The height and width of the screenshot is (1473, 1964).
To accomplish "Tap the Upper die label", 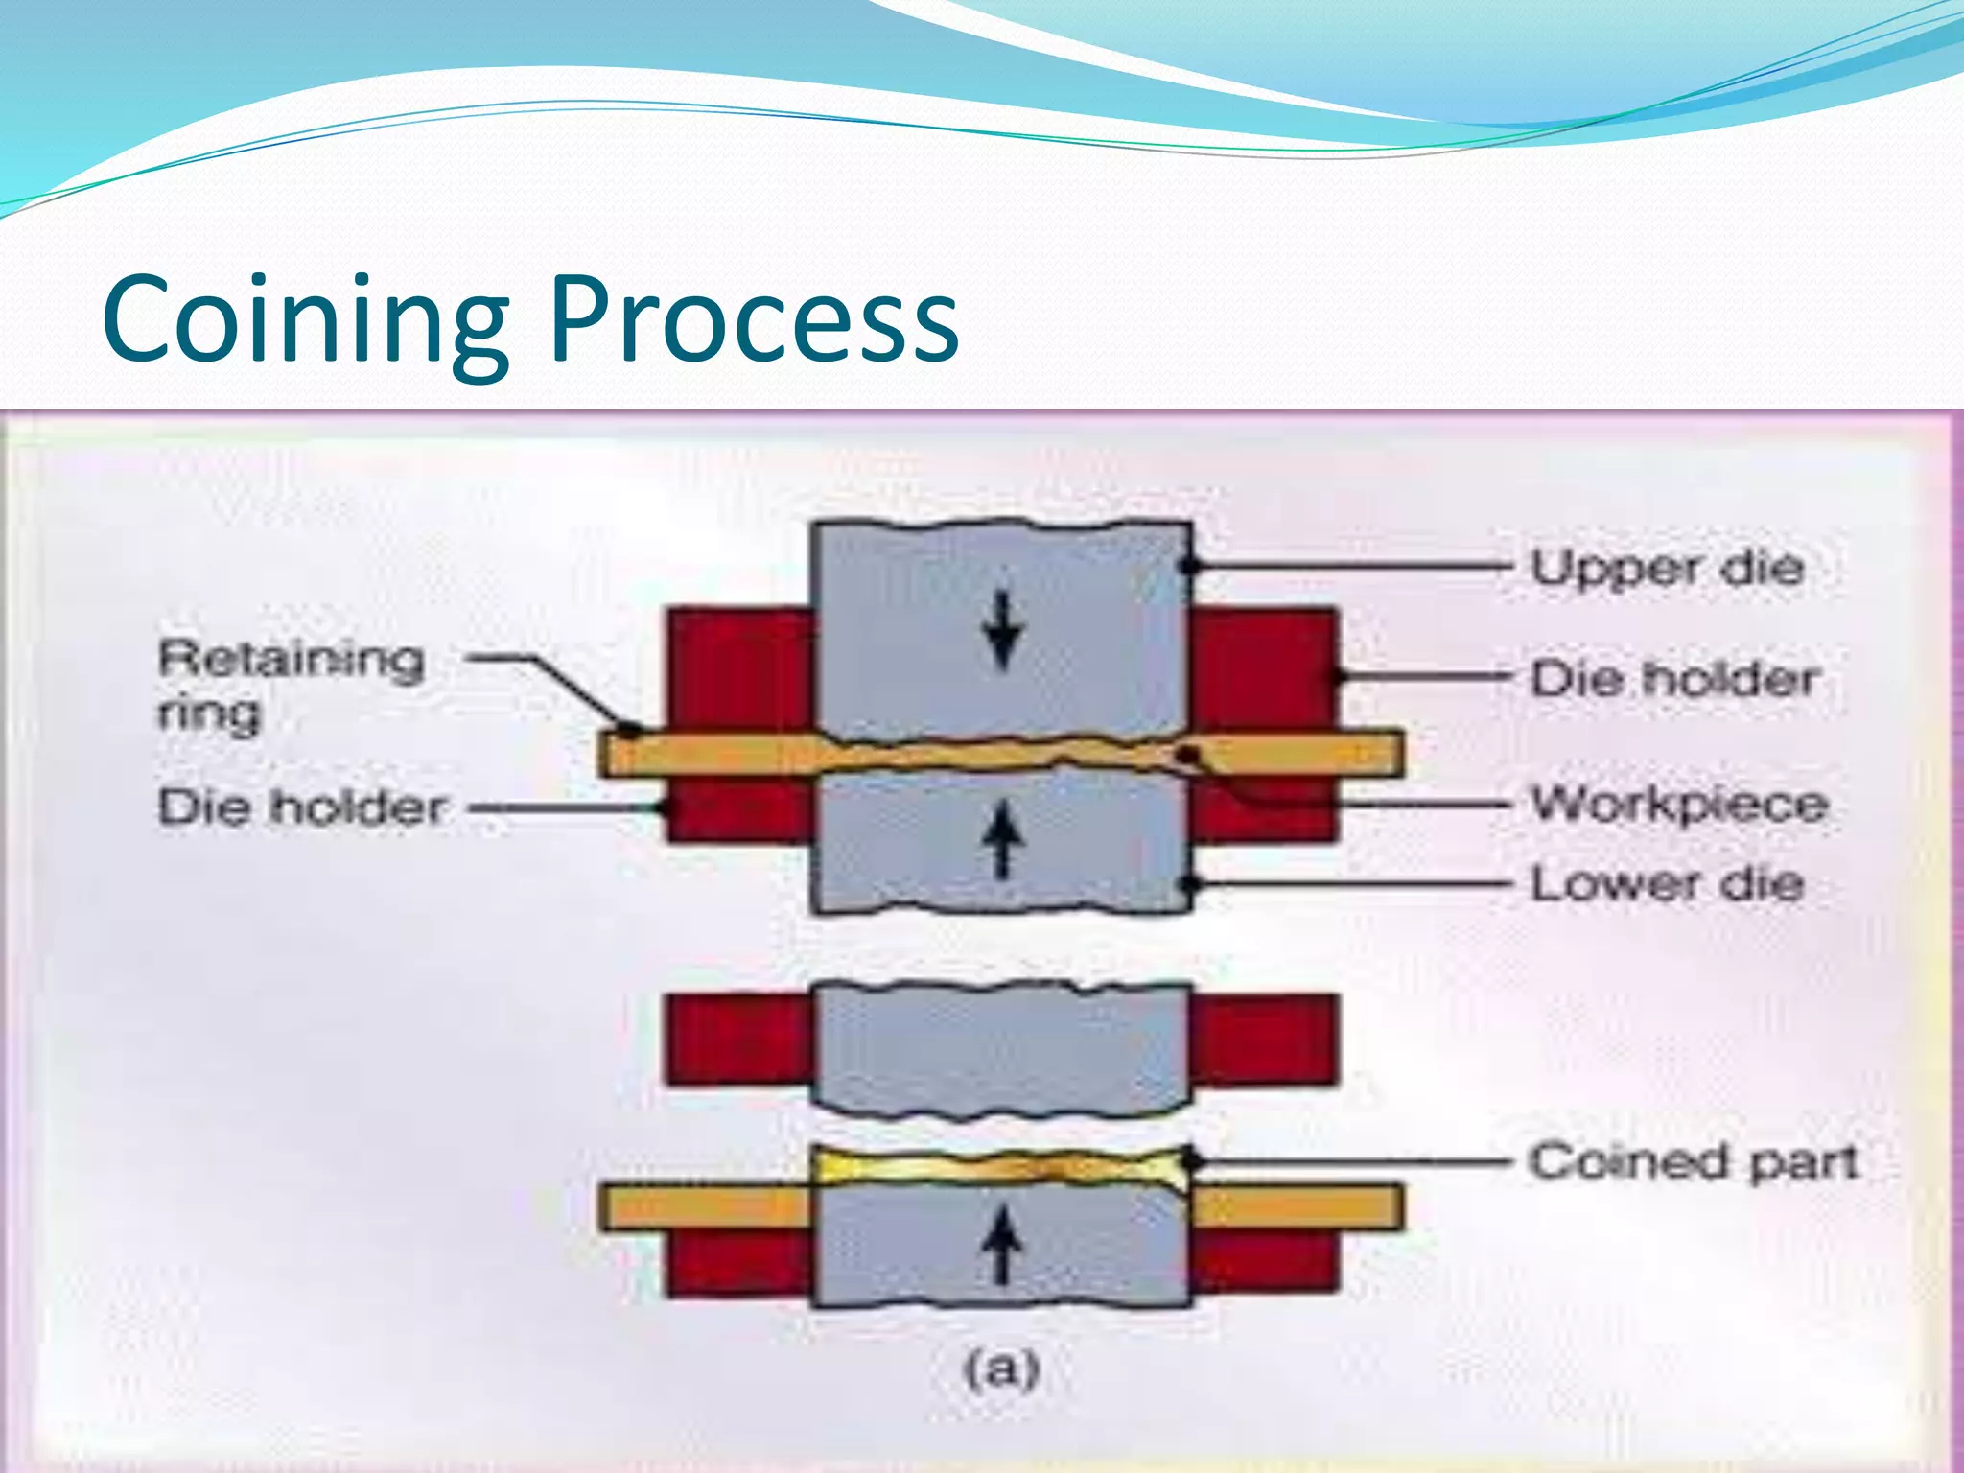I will coord(1667,569).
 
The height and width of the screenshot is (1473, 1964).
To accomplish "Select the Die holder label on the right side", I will coord(1674,679).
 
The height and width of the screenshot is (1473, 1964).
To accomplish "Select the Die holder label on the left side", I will coord(302,807).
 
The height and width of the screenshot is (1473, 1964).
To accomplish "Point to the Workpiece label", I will coord(1679,805).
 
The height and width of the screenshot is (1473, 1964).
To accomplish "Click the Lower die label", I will coord(1667,883).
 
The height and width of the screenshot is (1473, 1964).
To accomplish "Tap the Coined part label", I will coord(1693,1162).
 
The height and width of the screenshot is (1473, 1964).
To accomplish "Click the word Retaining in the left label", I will coord(291,660).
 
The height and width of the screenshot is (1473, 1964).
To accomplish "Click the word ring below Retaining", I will coord(209,714).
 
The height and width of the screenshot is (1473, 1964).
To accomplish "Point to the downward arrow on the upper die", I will coord(1003,630).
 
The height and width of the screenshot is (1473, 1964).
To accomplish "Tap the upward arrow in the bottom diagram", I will coord(1003,1244).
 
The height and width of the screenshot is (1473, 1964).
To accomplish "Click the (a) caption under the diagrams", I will coord(1001,1369).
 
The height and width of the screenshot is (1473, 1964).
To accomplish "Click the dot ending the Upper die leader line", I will coord(1190,566).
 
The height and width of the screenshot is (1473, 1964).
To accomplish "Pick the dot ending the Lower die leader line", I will coord(1190,883).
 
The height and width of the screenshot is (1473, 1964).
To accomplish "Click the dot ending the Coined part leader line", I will coord(1192,1161).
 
